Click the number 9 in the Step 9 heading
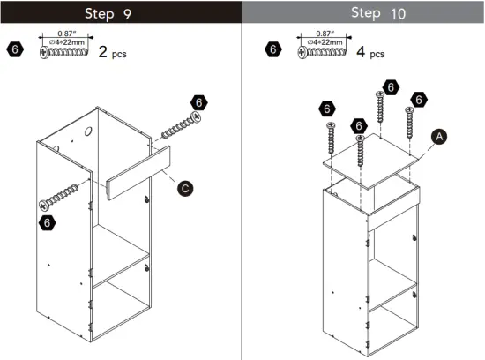152,13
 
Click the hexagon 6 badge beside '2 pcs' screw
15,49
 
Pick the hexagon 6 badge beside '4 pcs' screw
274,49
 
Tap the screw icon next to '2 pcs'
66,53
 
